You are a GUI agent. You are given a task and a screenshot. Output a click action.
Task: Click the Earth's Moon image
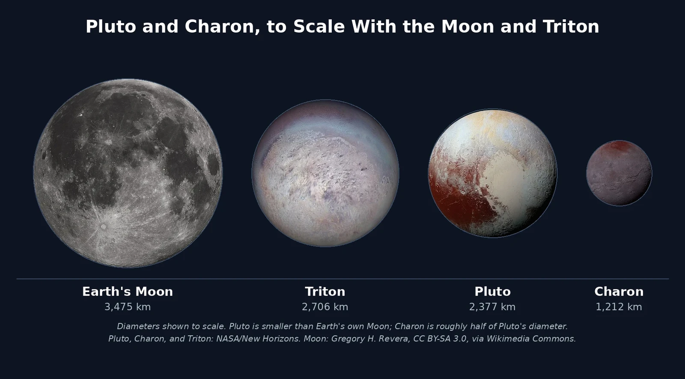point(128,173)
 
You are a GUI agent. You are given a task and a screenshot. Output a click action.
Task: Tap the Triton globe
point(325,173)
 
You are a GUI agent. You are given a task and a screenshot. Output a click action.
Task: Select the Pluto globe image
point(493,173)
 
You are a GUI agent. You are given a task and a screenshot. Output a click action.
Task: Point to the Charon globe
point(619,173)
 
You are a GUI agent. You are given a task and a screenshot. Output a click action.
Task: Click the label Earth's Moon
point(128,292)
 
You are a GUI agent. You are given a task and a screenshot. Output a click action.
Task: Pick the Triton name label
point(325,292)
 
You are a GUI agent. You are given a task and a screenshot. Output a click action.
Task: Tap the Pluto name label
point(493,292)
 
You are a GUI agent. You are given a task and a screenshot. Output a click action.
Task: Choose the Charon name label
point(619,292)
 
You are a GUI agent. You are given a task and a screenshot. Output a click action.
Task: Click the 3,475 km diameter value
point(128,307)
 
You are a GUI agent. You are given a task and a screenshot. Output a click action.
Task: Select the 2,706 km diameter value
point(325,307)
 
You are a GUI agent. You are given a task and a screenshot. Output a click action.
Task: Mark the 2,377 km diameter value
point(492,307)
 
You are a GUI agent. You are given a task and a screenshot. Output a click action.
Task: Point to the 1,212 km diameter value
point(619,307)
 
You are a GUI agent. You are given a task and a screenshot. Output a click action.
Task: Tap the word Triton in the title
point(571,27)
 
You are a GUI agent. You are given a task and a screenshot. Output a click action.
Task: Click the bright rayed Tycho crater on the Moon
point(104,227)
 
